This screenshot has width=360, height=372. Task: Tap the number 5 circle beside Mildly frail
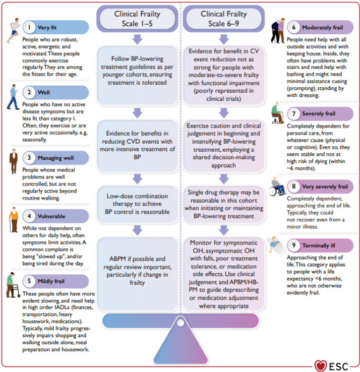pyautogui.click(x=30, y=280)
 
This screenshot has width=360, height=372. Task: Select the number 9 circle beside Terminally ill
pyautogui.click(x=293, y=245)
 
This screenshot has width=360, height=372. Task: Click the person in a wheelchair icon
pyautogui.click(x=277, y=186)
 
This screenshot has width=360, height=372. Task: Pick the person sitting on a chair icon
pyautogui.click(x=277, y=113)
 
